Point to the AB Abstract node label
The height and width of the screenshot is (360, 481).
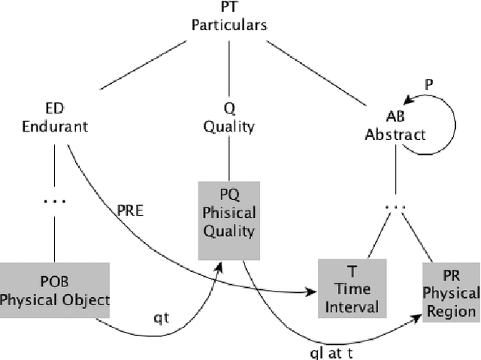click(x=395, y=126)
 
